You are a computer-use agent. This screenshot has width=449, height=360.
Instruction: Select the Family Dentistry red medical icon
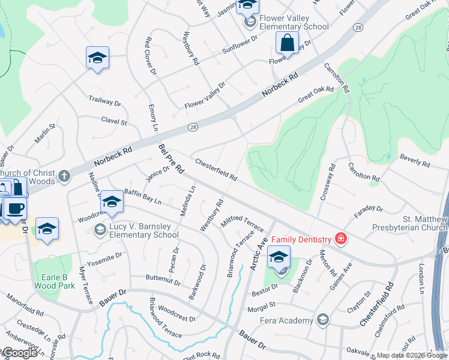341,239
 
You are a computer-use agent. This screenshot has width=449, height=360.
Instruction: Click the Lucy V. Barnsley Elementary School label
143,230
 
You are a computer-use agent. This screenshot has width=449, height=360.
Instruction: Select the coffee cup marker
15,209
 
